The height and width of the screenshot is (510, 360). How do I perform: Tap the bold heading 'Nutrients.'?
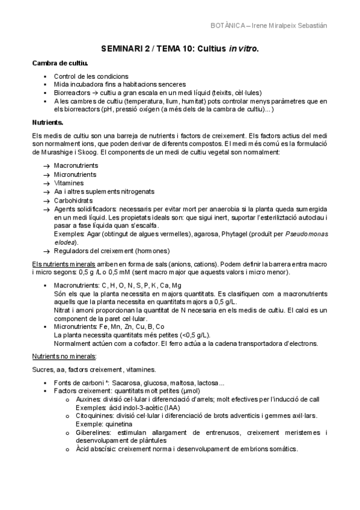(47, 122)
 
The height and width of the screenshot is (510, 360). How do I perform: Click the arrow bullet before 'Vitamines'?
(46, 182)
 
